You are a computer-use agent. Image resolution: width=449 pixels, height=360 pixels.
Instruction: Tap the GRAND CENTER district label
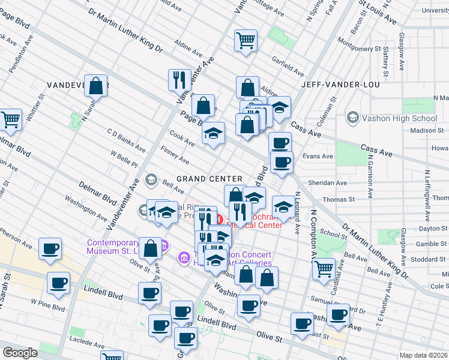click(x=209, y=179)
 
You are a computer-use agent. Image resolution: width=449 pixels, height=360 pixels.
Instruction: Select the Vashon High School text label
click(x=399, y=118)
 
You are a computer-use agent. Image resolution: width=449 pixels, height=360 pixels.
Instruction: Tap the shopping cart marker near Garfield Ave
click(x=246, y=41)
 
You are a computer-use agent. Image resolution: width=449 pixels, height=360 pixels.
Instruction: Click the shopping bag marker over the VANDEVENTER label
click(x=95, y=86)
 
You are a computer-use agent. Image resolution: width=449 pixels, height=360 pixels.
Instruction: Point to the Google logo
click(x=20, y=353)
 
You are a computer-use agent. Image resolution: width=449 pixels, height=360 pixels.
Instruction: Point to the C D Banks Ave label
click(x=125, y=140)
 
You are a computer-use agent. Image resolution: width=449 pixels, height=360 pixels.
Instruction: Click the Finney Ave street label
click(x=175, y=158)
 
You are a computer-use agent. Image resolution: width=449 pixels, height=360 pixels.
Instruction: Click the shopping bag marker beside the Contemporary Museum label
click(x=151, y=247)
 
